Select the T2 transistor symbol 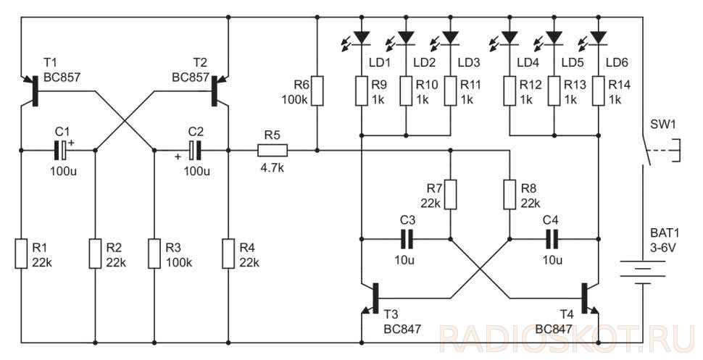(217, 91)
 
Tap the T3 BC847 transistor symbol (372, 298)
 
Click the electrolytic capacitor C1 (62, 150)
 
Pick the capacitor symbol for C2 (194, 150)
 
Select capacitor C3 (407, 239)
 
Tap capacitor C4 (552, 239)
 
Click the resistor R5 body (273, 151)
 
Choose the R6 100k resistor (317, 91)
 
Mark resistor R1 (21, 254)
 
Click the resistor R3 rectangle (154, 254)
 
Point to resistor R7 (451, 195)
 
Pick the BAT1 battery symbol (643, 272)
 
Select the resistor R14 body (599, 91)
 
